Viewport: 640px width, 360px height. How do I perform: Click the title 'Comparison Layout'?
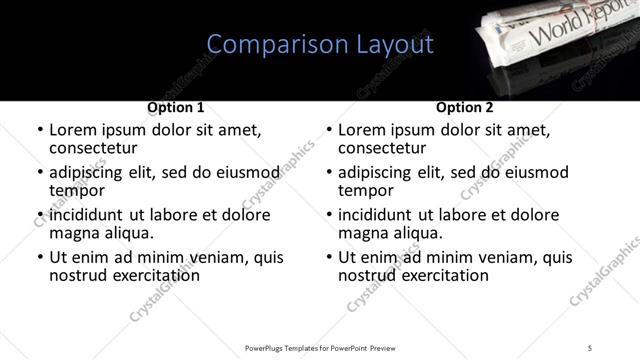tap(320, 45)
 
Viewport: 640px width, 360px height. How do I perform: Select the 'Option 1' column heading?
tap(176, 107)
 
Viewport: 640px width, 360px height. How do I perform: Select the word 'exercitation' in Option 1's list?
tap(153, 275)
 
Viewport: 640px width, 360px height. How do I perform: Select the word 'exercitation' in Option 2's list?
tap(442, 275)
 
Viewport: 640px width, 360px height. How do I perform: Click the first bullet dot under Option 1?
tap(39, 131)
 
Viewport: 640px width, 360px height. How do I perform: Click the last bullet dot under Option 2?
tap(328, 258)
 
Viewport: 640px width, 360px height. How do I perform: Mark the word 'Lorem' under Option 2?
tap(361, 130)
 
